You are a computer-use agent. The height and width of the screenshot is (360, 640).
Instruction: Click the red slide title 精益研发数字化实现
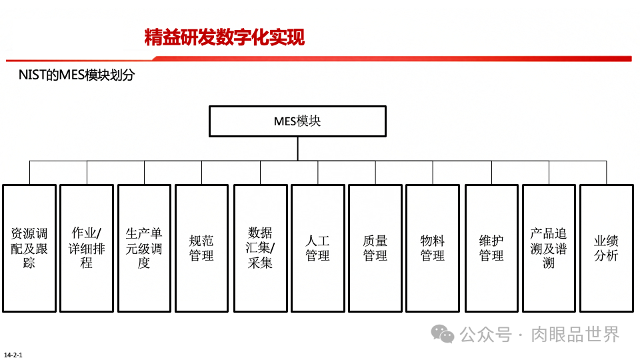coord(224,37)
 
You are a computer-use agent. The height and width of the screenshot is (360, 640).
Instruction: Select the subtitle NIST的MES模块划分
coord(77,75)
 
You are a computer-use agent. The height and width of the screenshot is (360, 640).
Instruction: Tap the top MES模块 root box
coord(297,121)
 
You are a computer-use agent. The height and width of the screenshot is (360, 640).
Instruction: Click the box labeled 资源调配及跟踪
coord(29,248)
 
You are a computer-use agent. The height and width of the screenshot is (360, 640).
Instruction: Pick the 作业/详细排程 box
coord(87,248)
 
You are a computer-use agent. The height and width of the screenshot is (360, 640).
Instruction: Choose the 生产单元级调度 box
coord(144,248)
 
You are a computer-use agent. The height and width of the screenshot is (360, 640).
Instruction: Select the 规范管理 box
coord(201,248)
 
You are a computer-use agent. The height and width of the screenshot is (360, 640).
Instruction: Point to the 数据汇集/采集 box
coord(260,248)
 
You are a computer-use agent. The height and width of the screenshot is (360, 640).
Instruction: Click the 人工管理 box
coord(317,248)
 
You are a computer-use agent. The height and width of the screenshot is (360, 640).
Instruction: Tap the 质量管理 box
coord(375,248)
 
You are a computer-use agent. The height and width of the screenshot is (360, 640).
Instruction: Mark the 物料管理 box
coord(432,248)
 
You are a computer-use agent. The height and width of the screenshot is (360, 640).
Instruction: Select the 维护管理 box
coord(491,248)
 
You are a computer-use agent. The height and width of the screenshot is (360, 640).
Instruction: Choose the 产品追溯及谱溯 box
coord(549,248)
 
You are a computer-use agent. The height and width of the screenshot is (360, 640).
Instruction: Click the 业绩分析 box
coord(606,248)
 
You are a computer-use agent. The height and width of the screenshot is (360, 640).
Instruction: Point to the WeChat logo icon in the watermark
coord(442,333)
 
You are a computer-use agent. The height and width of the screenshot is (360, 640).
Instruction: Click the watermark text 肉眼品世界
coord(575,333)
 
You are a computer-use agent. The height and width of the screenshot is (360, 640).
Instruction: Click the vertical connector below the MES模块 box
coord(297,148)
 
